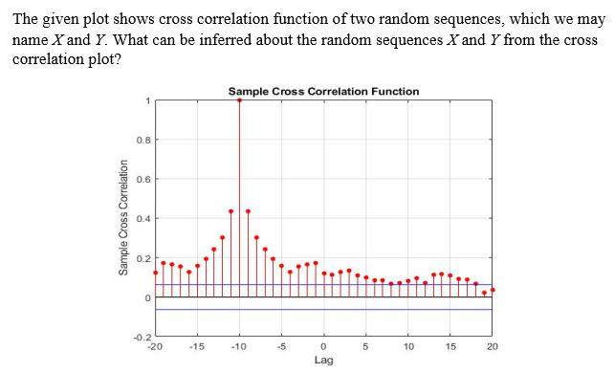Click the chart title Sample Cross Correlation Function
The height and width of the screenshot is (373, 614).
click(323, 91)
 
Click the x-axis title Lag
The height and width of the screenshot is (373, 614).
click(323, 361)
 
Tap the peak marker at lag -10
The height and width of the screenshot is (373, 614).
click(239, 99)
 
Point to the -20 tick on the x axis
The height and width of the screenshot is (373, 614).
click(156, 346)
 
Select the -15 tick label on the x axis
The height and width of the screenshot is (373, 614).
click(197, 346)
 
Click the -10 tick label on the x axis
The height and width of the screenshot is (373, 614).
click(239, 346)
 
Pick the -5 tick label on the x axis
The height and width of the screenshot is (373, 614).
click(281, 346)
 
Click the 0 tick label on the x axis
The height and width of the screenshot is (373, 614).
click(323, 346)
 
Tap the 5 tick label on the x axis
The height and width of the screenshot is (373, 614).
click(365, 346)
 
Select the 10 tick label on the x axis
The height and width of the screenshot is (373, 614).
click(407, 346)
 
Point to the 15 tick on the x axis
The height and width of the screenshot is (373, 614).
click(450, 346)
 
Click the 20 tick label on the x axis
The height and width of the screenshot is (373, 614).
click(492, 346)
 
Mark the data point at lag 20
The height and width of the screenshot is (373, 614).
click(493, 289)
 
